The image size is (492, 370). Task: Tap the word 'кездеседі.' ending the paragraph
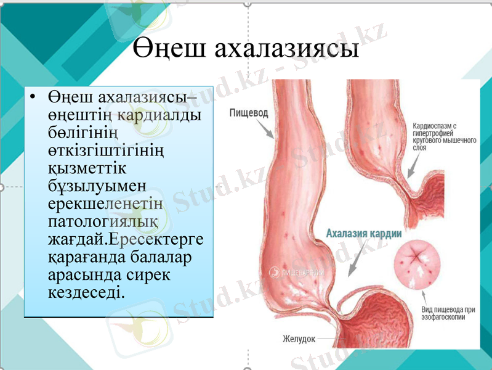point(85,289)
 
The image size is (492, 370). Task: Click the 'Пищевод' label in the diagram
point(249,113)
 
